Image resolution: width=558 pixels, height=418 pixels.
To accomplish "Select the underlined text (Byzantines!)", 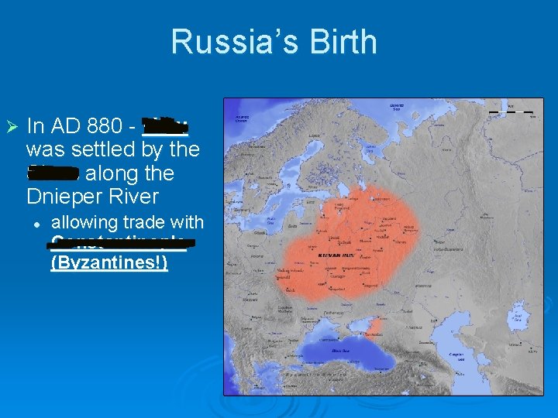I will click(x=108, y=262).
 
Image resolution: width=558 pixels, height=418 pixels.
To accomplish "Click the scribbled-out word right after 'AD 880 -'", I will click(x=165, y=125).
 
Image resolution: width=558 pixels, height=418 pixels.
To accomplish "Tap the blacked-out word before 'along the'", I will click(x=53, y=171).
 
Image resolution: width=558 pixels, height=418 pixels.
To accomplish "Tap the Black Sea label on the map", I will click(x=341, y=350).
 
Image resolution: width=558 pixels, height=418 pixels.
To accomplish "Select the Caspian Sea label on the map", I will click(x=459, y=357).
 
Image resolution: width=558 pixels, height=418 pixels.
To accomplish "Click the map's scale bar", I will click(x=511, y=112).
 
